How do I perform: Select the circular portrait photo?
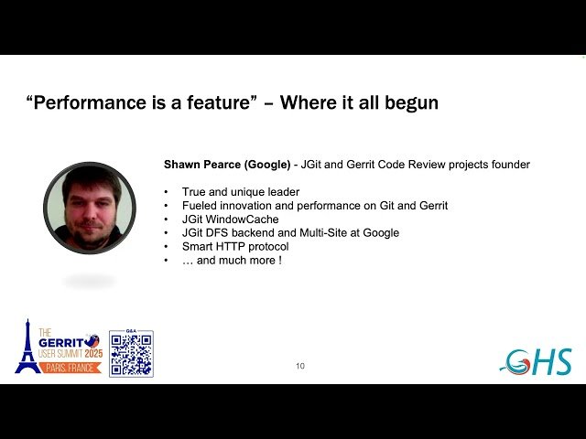pyautogui.click(x=89, y=208)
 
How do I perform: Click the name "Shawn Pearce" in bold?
pyautogui.click(x=202, y=165)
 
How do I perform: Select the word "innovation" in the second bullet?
pyautogui.click(x=248, y=206)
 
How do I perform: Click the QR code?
pyautogui.click(x=131, y=354)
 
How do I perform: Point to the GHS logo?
pyautogui.click(x=537, y=361)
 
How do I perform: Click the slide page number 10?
pyautogui.click(x=300, y=366)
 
